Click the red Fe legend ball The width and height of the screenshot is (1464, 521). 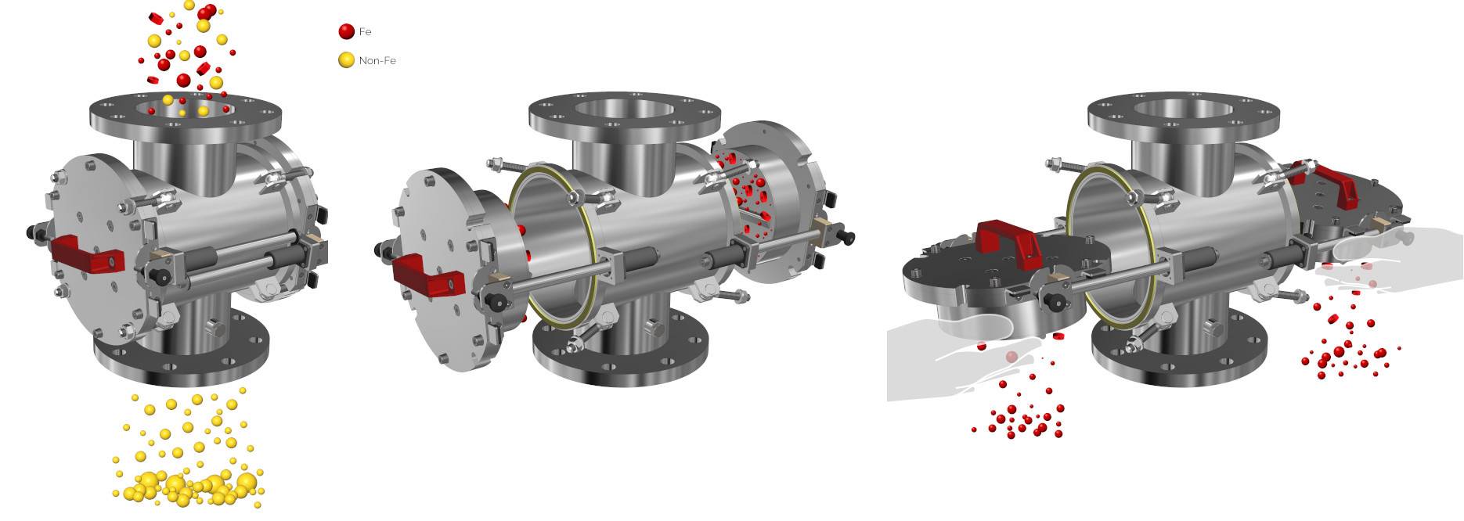coord(346,31)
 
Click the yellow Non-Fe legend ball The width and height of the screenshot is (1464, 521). coord(346,59)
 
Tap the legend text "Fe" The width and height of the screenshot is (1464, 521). coord(365,31)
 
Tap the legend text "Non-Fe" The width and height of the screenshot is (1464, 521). coord(377,60)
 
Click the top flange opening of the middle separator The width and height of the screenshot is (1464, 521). coord(624,110)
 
